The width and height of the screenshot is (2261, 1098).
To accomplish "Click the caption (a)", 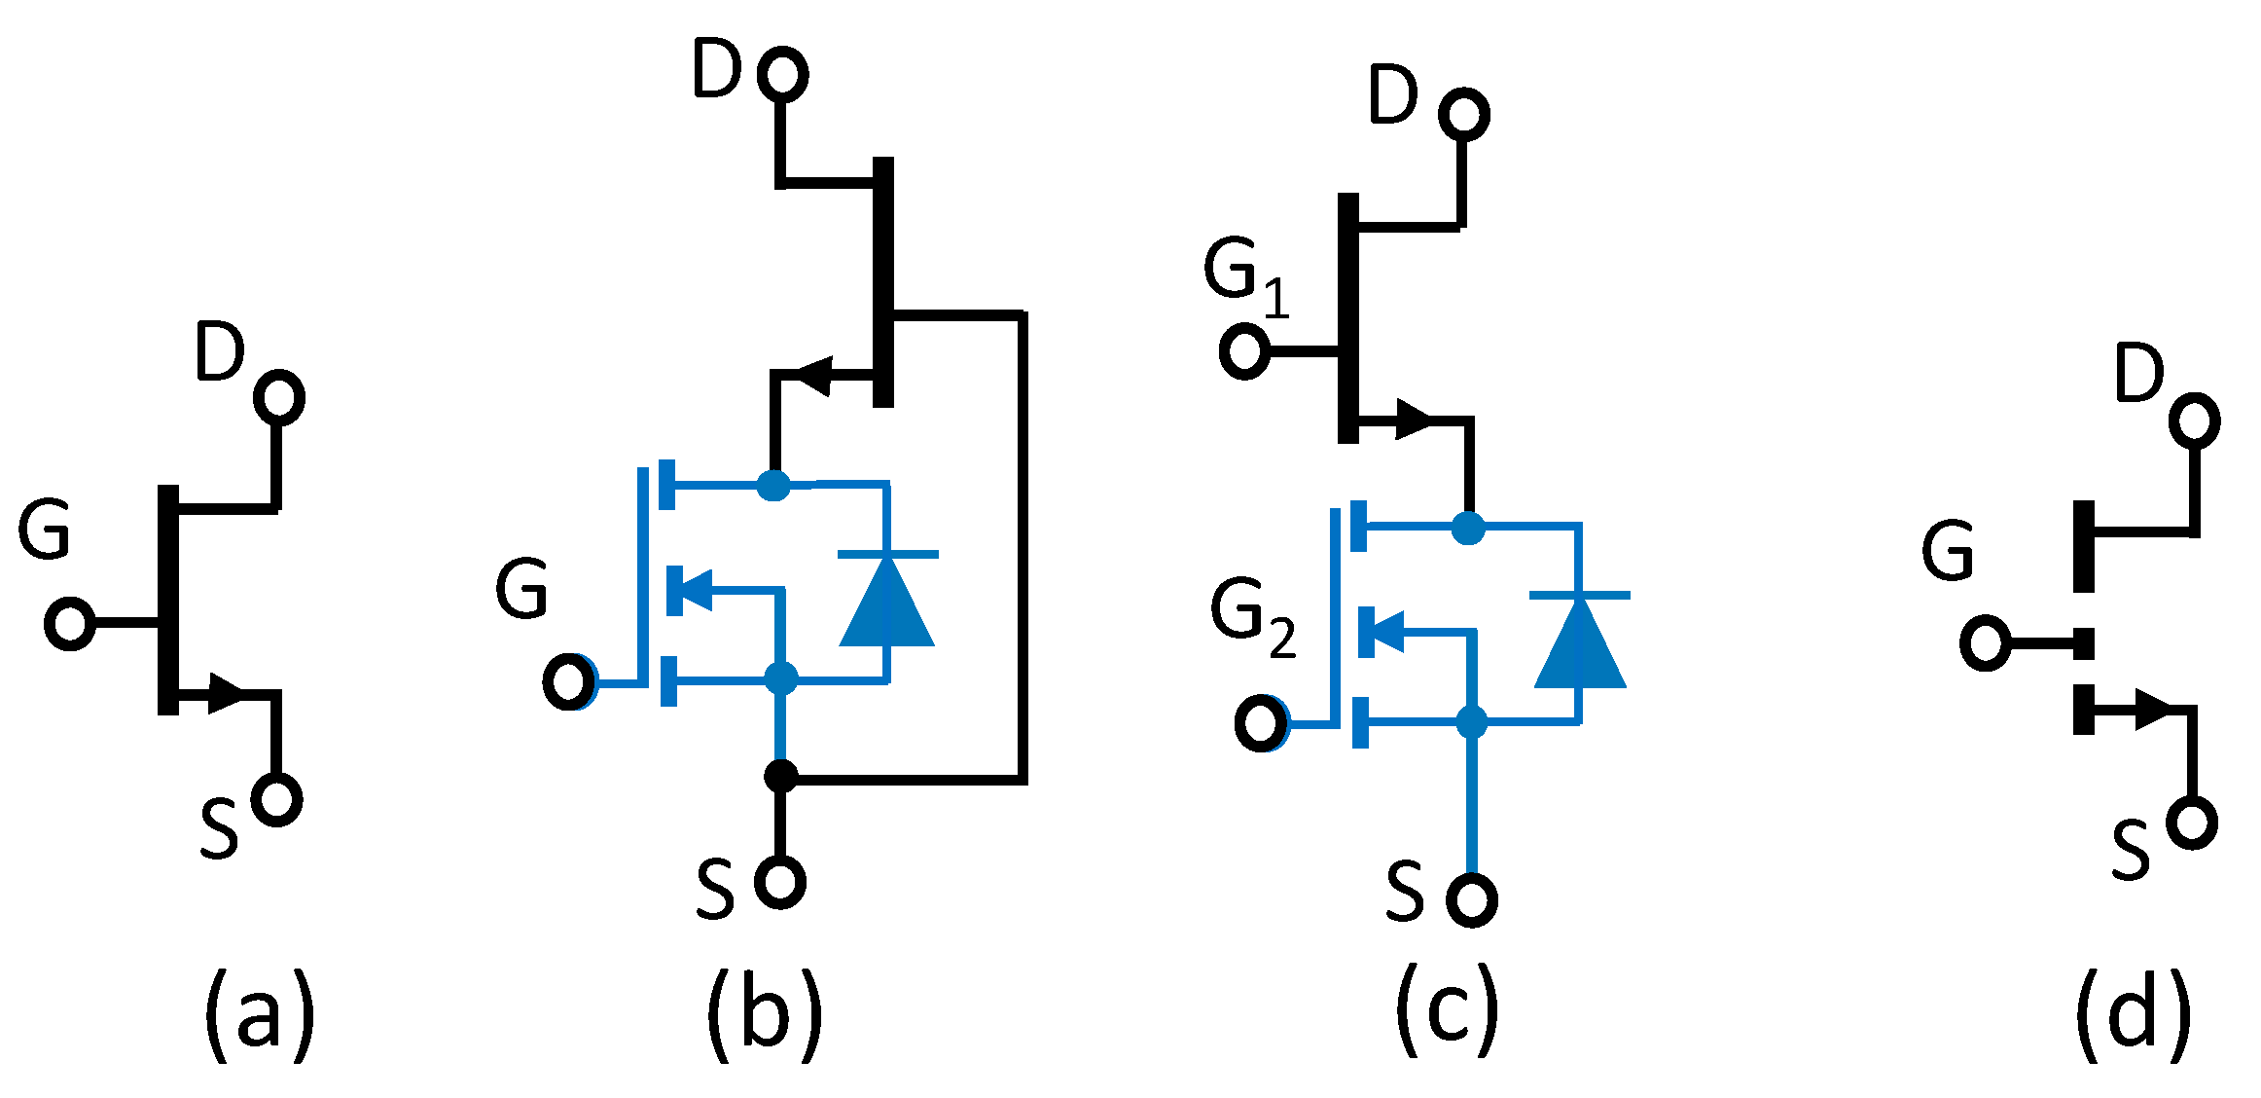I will (x=259, y=1015).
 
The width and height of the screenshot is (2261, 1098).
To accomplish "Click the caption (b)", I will (x=765, y=1015).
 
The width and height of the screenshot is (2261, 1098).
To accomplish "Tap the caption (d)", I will (x=2133, y=1015).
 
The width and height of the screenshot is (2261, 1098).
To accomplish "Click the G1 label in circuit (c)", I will (x=1245, y=277).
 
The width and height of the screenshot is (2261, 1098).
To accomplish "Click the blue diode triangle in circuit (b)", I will (x=887, y=603).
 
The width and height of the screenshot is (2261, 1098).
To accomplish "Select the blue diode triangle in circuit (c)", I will (x=1580, y=643).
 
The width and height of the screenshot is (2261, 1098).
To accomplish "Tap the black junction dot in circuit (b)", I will (x=780, y=776).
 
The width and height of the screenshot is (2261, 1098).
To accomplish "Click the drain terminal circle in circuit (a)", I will (x=279, y=397).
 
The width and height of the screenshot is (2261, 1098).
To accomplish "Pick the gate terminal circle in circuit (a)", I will (x=70, y=623).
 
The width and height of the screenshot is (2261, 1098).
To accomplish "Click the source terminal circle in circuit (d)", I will (x=2192, y=823).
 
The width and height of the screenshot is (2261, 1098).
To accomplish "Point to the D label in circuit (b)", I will (x=717, y=70).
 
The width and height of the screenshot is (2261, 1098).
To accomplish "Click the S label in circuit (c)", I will (x=1405, y=891).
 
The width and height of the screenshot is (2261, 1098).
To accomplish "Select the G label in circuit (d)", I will (x=1948, y=551).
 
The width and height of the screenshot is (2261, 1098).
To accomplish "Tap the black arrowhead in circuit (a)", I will (x=228, y=693).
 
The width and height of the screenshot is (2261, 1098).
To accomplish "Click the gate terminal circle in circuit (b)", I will (x=569, y=681).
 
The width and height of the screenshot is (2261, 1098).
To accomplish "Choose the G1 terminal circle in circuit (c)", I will (x=1244, y=351).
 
